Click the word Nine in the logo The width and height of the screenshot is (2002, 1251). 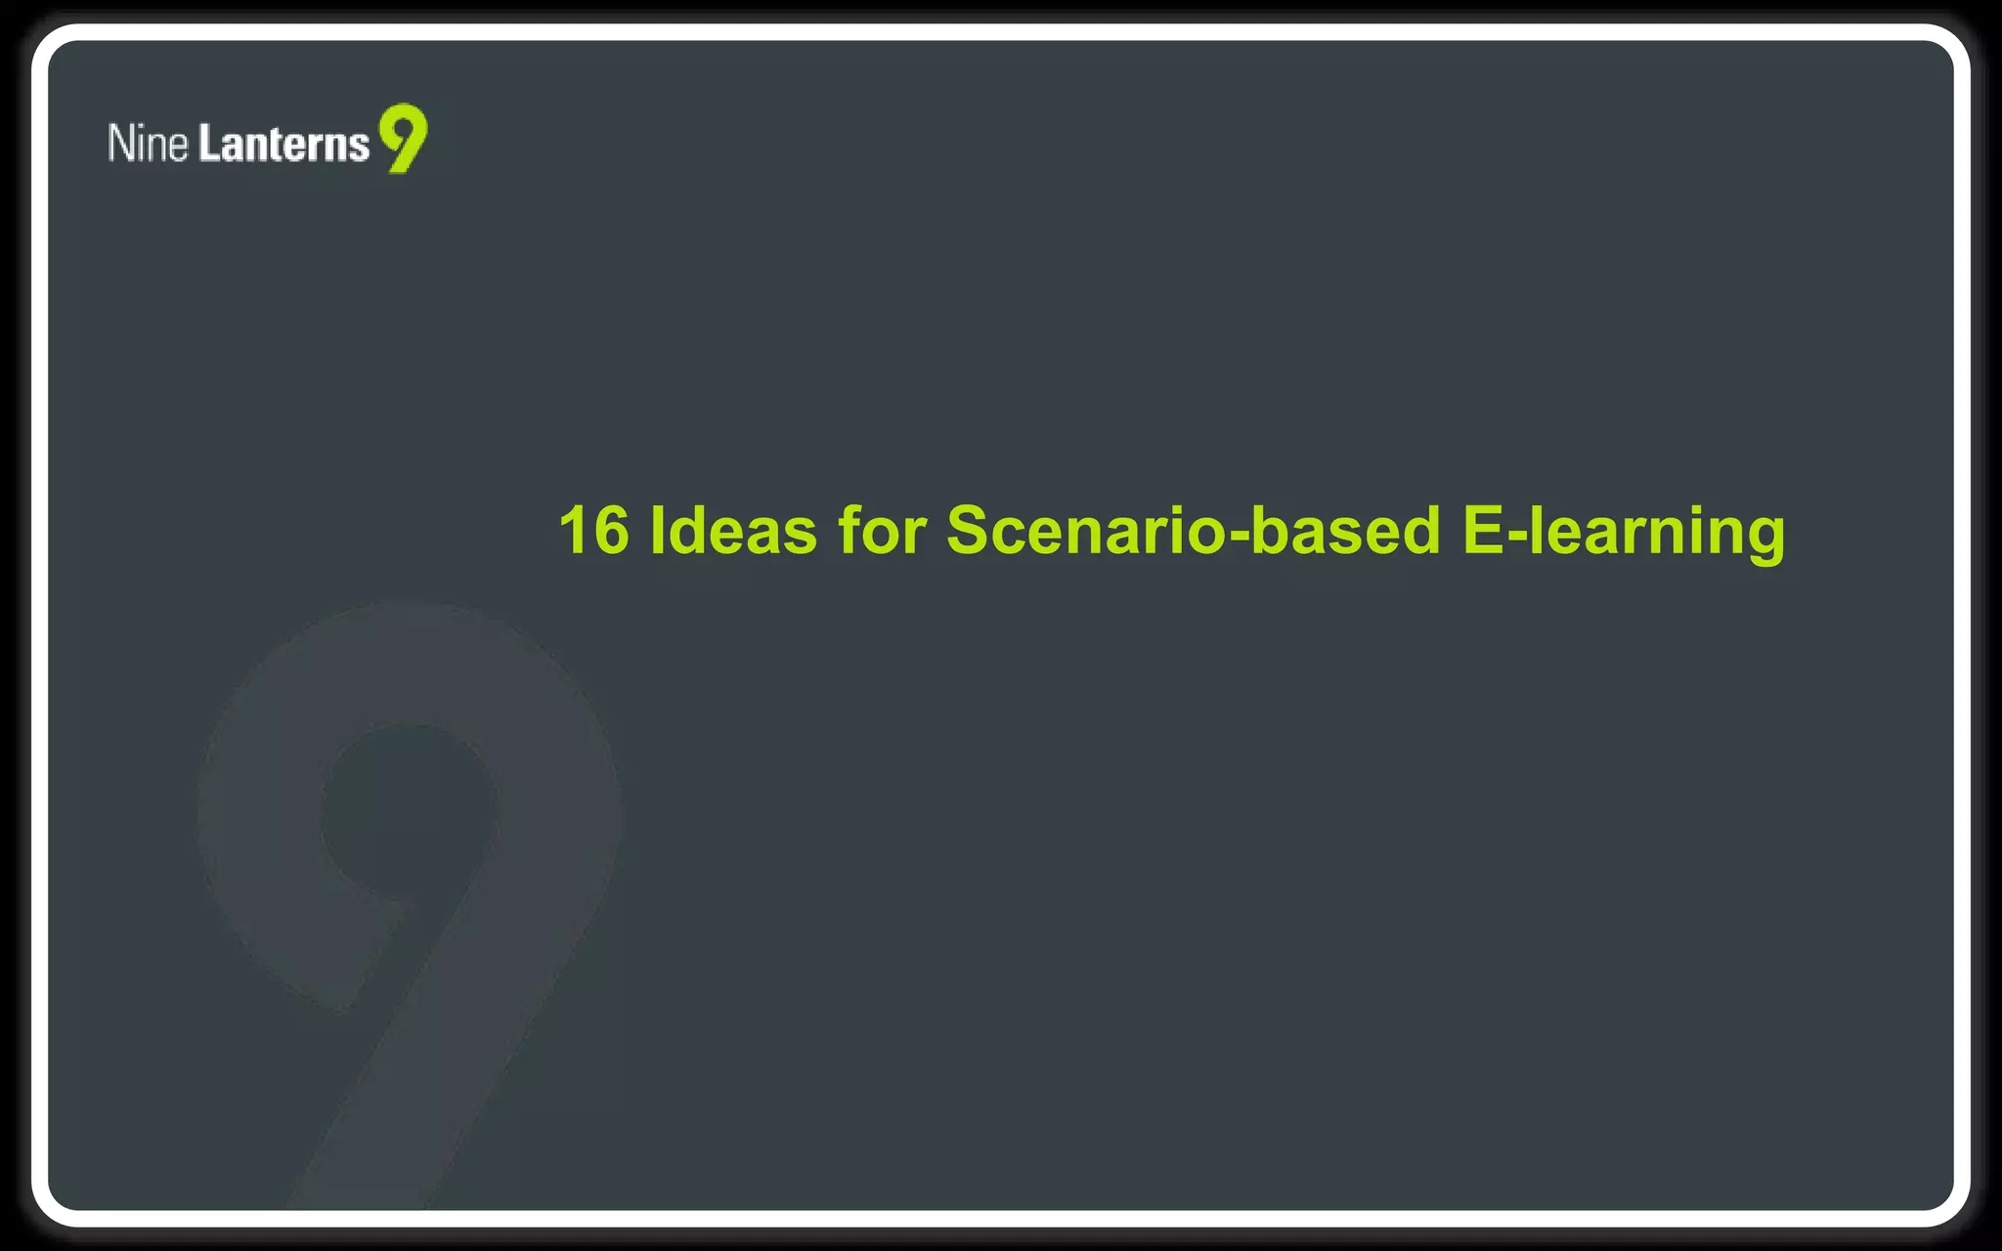coord(148,143)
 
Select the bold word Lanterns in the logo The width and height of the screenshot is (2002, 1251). coord(284,143)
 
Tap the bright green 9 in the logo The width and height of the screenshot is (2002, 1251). coord(404,137)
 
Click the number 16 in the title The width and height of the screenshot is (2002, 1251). coord(593,531)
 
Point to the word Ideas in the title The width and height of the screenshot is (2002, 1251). coord(733,531)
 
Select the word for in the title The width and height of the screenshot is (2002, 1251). coord(882,531)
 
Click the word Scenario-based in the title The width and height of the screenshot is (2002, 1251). coord(1194,531)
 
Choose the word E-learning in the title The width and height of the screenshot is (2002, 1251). coord(1624,531)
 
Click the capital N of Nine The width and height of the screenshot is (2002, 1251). coord(119,143)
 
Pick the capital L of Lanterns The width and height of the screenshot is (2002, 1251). coord(208,143)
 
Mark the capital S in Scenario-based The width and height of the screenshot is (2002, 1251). coord(970,531)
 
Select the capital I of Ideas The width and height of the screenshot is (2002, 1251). coord(656,531)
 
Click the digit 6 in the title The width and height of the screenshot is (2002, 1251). coord(610,531)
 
